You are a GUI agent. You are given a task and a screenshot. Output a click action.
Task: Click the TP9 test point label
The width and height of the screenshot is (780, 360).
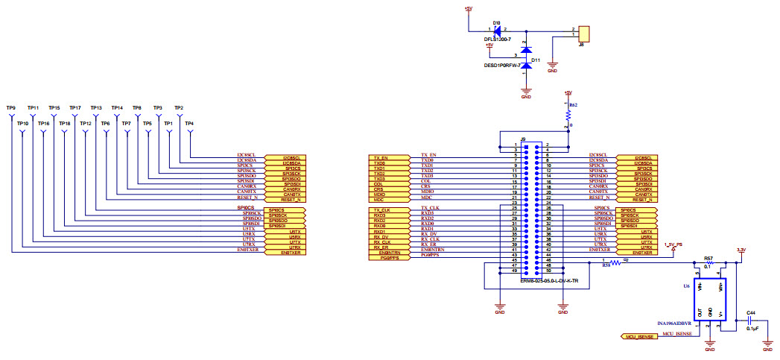10,107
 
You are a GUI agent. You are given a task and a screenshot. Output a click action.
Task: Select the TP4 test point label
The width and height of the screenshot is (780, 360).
189,123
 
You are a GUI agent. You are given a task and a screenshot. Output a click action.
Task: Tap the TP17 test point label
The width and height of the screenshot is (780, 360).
74,107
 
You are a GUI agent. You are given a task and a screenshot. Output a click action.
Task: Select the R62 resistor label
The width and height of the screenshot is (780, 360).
573,106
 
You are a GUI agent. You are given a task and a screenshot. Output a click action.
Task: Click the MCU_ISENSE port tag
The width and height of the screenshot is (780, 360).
638,337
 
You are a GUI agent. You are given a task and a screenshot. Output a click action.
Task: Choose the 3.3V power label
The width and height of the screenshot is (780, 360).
740,250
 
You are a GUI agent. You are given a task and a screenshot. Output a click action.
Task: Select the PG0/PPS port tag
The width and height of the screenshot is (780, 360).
390,259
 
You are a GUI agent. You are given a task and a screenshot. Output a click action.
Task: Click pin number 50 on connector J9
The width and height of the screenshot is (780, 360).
548,271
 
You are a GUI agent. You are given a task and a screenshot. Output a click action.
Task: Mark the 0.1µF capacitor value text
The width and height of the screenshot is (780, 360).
752,327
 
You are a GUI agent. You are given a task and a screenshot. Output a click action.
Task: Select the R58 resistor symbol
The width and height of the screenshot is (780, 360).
615,261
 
